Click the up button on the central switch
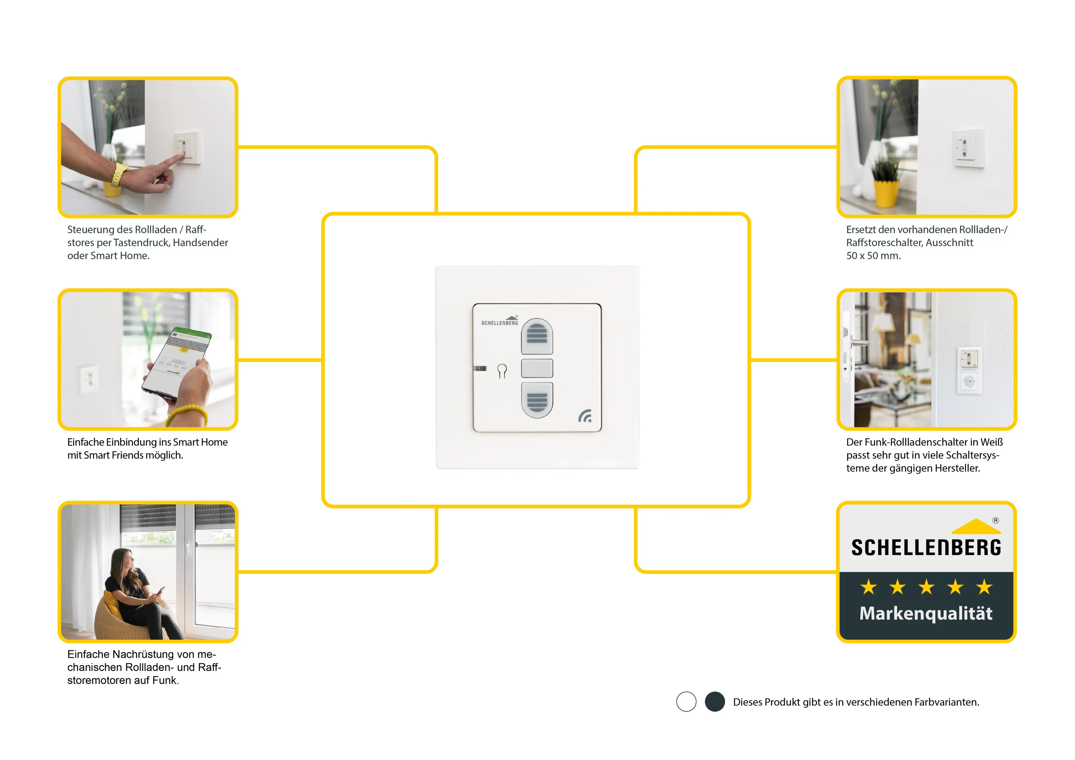(x=537, y=336)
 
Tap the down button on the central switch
(x=537, y=400)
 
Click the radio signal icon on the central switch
(x=585, y=415)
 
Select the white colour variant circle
(x=686, y=701)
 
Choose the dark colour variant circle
(x=715, y=701)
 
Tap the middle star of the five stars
(x=926, y=587)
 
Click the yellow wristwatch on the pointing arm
(x=119, y=175)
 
